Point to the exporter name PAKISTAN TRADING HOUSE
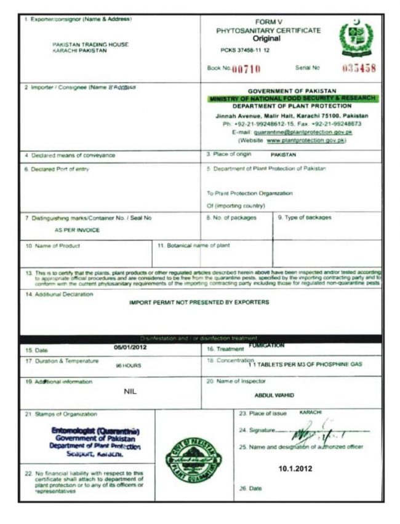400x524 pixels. pyautogui.click(x=80, y=45)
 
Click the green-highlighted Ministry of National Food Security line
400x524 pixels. pyautogui.click(x=294, y=98)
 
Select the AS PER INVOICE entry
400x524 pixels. pyautogui.click(x=78, y=229)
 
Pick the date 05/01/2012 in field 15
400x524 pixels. pyautogui.click(x=130, y=347)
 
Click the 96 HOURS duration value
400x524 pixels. pyautogui.click(x=128, y=365)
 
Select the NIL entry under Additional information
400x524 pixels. pyautogui.click(x=130, y=391)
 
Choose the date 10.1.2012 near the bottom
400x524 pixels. pyautogui.click(x=295, y=468)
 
